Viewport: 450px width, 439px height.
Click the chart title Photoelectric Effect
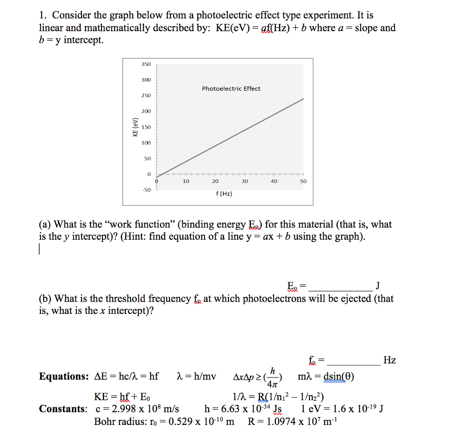click(x=231, y=89)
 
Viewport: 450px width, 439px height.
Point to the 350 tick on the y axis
click(x=146, y=64)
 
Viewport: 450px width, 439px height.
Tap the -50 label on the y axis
click(x=146, y=190)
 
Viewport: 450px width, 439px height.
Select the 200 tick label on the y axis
click(x=146, y=112)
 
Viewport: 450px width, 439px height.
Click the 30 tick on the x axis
click(x=245, y=181)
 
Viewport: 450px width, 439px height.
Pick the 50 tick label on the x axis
click(x=303, y=181)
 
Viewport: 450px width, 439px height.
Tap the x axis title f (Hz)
click(x=224, y=194)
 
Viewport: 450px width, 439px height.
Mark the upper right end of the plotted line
click(x=303, y=99)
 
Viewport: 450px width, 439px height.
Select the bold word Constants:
click(x=63, y=409)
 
